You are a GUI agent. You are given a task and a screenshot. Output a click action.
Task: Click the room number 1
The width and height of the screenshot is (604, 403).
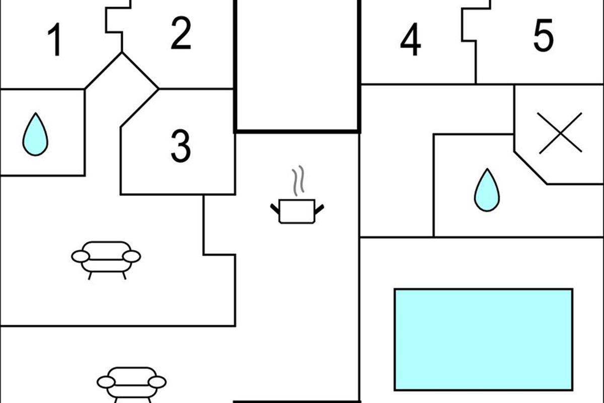(56, 40)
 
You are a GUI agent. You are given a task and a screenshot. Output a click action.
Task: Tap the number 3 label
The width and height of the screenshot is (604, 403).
(180, 146)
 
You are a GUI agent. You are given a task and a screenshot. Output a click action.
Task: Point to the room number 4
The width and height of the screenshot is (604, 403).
(410, 40)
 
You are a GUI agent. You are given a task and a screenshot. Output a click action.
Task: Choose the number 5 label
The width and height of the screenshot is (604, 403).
(543, 35)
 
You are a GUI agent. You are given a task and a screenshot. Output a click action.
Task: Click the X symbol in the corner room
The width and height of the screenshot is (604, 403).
(560, 133)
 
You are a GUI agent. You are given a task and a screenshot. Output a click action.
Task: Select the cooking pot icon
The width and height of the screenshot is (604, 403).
(297, 211)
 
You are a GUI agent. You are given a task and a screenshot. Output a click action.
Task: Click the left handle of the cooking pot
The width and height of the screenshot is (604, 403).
(275, 207)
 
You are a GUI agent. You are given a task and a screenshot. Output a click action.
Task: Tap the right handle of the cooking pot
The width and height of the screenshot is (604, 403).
(319, 207)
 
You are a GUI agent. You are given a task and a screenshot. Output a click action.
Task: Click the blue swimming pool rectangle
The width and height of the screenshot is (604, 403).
(483, 339)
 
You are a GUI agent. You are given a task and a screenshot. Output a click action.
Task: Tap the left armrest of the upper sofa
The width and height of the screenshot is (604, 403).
(81, 257)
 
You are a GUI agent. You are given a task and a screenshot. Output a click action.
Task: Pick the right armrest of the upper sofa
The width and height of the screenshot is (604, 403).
(132, 257)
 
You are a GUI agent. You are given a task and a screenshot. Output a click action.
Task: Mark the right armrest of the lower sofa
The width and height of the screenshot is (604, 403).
(157, 382)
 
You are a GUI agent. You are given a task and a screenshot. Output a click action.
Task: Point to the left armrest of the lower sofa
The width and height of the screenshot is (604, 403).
(106, 382)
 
